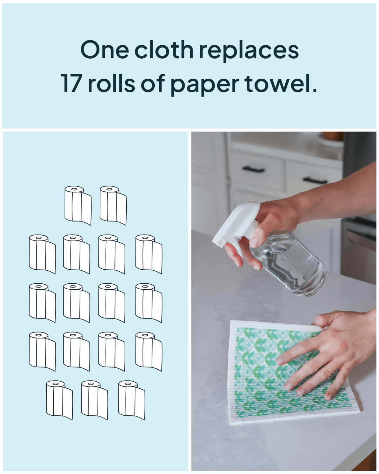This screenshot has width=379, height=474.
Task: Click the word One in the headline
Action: (x=105, y=50)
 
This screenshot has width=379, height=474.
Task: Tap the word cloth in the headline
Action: (x=164, y=50)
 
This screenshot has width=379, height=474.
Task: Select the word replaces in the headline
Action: (x=249, y=51)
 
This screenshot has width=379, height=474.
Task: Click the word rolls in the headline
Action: (x=111, y=84)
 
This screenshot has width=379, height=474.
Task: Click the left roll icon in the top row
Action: (x=78, y=205)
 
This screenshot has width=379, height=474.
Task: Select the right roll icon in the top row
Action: (x=113, y=205)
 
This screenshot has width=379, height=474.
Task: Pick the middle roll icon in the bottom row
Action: (x=94, y=400)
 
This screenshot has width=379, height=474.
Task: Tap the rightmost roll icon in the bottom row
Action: (x=131, y=400)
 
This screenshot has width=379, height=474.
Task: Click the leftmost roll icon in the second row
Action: (x=42, y=254)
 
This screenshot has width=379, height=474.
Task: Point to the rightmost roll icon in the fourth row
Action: (x=148, y=351)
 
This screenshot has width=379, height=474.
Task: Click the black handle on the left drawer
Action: (x=253, y=169)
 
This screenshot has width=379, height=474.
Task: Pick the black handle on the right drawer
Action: (x=315, y=180)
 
